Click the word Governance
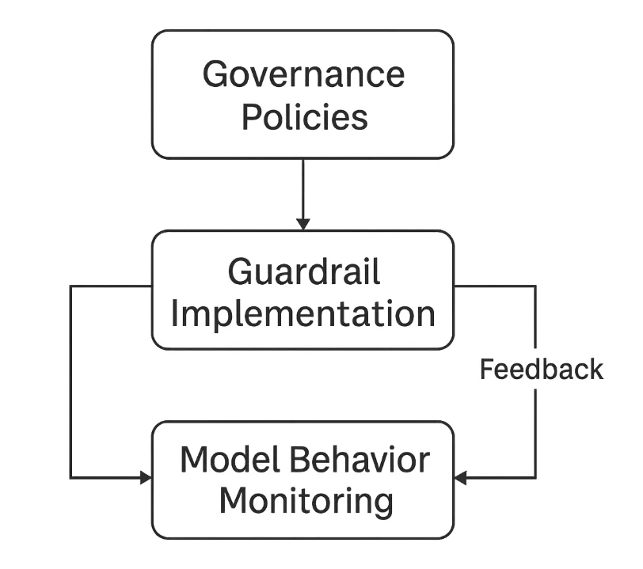click(303, 75)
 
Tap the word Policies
click(304, 117)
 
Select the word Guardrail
click(304, 273)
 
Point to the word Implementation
click(303, 313)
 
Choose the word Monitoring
click(305, 501)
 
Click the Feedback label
click(542, 370)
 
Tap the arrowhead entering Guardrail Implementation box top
click(303, 224)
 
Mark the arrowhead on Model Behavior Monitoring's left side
click(146, 477)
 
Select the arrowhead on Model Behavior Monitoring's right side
click(460, 477)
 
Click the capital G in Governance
click(215, 75)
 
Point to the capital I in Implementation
click(175, 313)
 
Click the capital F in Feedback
click(487, 370)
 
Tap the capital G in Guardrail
click(241, 273)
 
